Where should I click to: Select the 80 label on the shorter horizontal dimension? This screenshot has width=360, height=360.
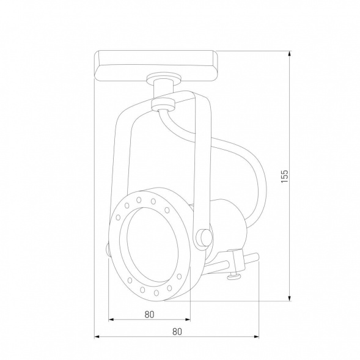click(x=150, y=314)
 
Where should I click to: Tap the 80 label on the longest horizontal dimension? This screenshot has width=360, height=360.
click(x=177, y=332)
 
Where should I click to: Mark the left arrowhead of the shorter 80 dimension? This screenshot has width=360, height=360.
click(x=111, y=320)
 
